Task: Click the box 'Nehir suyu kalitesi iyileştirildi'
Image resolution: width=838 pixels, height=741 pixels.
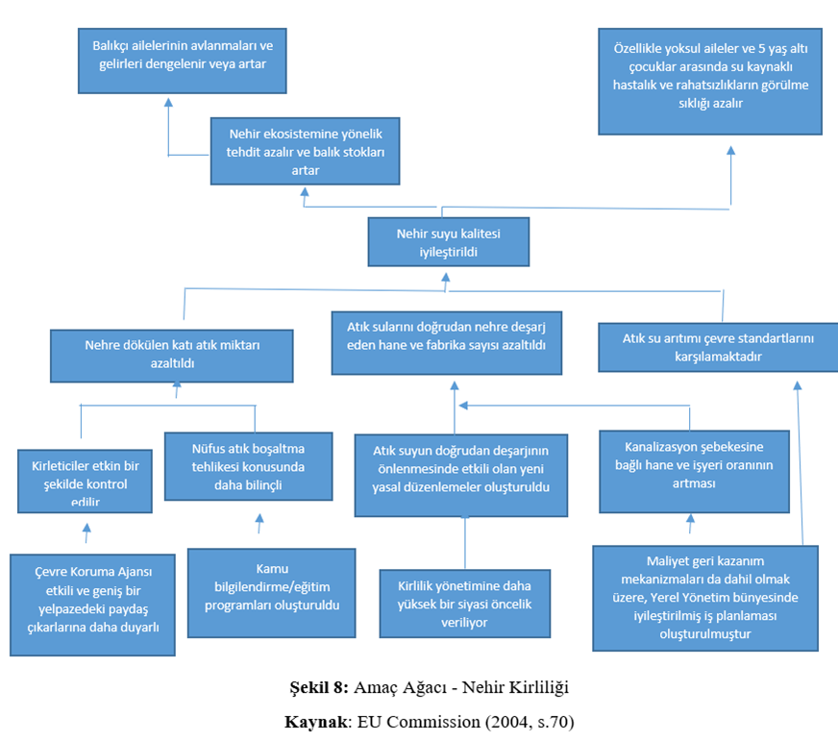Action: (449, 241)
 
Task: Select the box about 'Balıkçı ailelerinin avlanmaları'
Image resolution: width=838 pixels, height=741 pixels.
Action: (183, 61)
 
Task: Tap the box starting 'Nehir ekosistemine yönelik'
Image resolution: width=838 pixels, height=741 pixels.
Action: (306, 151)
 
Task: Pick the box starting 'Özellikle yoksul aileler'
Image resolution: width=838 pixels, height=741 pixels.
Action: (710, 82)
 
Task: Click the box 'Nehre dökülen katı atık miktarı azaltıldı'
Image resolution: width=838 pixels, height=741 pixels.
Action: (172, 356)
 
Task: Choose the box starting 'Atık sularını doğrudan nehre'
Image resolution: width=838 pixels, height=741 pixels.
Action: (446, 343)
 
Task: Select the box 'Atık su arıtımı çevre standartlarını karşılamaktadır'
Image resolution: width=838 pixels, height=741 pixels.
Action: (718, 347)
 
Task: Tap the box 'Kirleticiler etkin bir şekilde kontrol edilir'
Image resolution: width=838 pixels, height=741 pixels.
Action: (85, 482)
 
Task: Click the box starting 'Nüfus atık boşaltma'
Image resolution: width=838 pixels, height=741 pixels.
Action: (249, 466)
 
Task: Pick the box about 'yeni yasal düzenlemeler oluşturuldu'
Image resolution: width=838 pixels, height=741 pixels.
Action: (461, 476)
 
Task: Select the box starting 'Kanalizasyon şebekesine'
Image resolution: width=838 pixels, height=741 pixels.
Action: (694, 472)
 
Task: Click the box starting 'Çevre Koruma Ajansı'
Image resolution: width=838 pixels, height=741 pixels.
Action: (92, 605)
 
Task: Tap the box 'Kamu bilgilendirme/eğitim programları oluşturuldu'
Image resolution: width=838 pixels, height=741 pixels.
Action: (272, 593)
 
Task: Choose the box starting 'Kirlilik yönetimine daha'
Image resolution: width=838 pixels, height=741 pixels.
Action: (465, 604)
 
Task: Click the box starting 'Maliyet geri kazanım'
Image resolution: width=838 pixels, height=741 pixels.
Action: (705, 598)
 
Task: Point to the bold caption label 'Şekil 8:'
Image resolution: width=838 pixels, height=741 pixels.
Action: (319, 687)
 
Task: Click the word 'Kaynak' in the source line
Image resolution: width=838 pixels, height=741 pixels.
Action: (316, 722)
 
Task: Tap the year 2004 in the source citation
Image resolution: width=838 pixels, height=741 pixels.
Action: (508, 722)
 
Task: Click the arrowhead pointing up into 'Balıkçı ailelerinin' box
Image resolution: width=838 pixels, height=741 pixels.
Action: (168, 102)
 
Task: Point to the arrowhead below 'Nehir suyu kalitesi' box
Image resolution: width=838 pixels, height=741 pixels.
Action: (446, 278)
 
